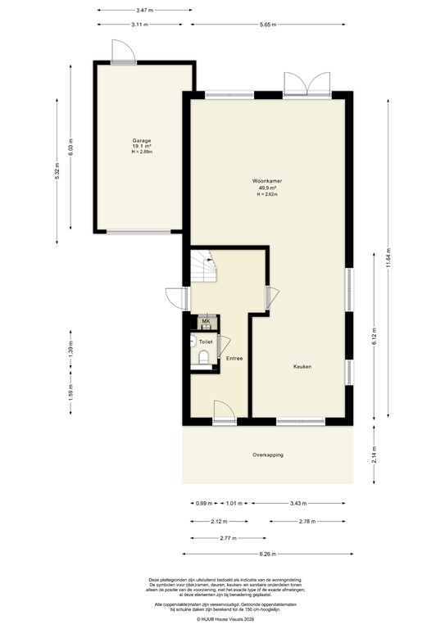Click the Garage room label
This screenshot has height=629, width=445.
coord(143,140)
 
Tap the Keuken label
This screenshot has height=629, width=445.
coord(302,366)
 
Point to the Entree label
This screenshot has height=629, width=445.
coord(234,358)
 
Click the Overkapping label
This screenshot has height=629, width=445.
coord(268,455)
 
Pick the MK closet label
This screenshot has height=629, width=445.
coord(206,320)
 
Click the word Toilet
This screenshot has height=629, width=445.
coord(206,341)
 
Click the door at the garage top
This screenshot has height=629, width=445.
coord(124,52)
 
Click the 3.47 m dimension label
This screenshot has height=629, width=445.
coord(143,10)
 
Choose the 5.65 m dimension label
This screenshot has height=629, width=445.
coord(267,25)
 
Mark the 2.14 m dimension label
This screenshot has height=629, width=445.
coord(375,455)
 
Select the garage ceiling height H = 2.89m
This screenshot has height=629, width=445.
coord(143,152)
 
